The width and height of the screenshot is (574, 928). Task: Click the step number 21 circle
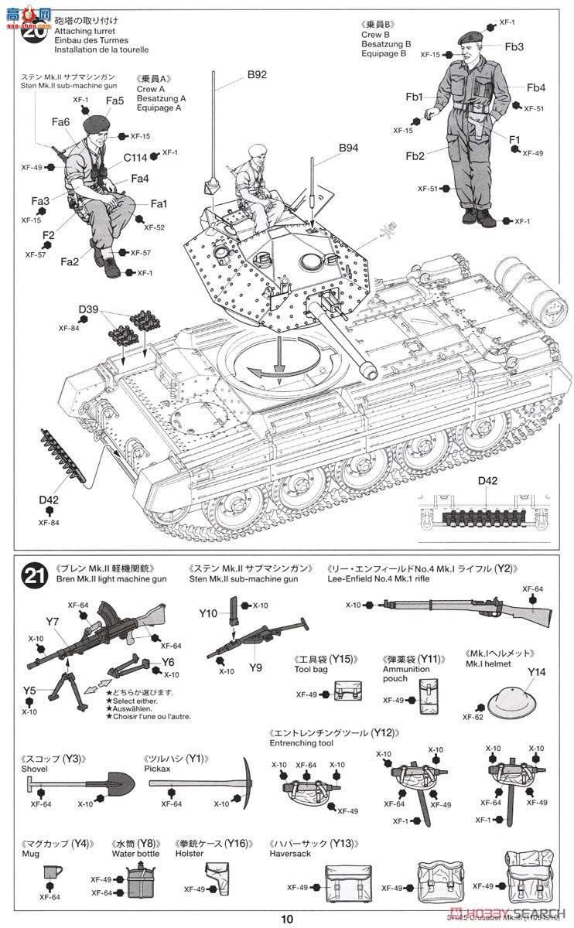32,575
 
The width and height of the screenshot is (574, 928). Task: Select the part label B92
257,75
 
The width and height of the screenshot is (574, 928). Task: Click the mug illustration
51,875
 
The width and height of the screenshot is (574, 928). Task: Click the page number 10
287,919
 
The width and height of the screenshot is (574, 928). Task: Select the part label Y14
536,671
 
